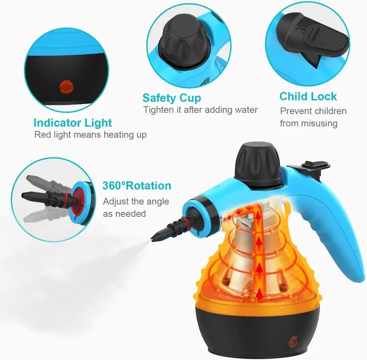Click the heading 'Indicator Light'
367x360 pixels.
tap(72, 123)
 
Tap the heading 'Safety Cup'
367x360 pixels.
tap(172, 98)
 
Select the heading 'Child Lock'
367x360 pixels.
tap(308, 96)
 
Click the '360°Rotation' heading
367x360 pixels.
tap(137, 186)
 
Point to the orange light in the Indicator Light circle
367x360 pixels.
tap(67, 86)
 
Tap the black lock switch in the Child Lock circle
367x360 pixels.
tap(312, 38)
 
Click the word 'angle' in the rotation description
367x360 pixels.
tap(158, 202)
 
